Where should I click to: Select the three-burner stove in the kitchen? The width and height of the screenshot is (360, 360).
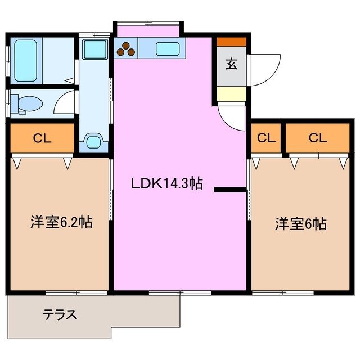[x=125, y=49]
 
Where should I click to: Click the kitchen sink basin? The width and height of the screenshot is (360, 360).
[x=167, y=49]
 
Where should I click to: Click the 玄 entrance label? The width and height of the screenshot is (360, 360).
[x=231, y=64]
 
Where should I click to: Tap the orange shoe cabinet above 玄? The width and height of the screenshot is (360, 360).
[x=231, y=42]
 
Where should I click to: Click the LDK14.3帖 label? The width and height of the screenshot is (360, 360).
[x=167, y=183]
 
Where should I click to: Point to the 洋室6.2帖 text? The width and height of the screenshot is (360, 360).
[x=61, y=222]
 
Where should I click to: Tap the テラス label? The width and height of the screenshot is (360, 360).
[x=60, y=314]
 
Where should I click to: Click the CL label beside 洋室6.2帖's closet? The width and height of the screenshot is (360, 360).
[x=42, y=138]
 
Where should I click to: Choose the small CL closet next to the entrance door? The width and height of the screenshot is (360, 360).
[x=267, y=138]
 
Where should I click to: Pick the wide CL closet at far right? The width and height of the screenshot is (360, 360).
[x=317, y=138]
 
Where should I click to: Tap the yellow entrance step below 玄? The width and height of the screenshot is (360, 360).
[x=231, y=94]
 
